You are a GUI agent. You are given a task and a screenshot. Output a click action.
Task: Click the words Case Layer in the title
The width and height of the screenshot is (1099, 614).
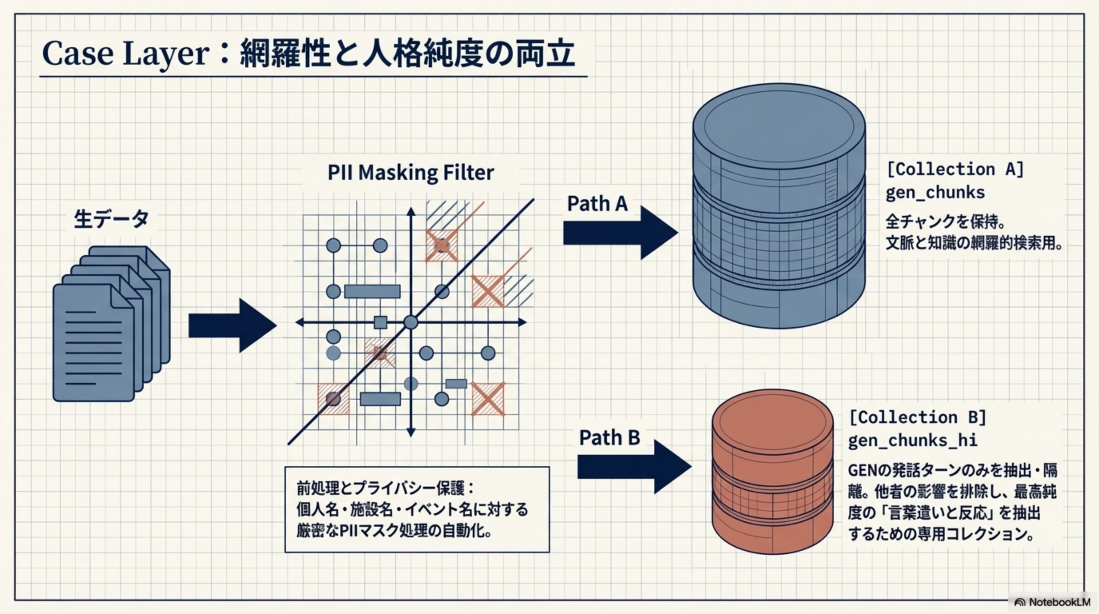126,54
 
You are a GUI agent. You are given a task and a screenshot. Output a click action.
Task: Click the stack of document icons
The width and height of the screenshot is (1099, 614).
111,325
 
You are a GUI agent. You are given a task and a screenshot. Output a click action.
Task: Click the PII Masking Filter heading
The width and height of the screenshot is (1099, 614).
411,173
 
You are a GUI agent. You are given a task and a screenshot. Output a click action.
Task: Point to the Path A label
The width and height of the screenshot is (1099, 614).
597,204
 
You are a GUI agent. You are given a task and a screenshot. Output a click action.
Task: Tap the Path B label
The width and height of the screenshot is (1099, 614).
609,438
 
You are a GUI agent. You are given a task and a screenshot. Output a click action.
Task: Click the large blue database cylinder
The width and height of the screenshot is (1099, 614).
779,205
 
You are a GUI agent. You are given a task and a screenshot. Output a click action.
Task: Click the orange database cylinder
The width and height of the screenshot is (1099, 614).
772,472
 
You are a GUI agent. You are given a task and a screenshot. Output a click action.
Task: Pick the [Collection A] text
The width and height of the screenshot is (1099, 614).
955,169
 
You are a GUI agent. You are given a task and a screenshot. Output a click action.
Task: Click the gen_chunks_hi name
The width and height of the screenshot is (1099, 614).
912,440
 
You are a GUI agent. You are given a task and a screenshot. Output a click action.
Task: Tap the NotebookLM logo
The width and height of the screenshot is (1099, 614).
1052,602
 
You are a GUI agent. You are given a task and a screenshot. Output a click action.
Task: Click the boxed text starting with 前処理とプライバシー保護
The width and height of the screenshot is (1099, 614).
417,509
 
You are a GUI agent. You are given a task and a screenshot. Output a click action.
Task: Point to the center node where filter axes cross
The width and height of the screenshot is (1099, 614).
411,322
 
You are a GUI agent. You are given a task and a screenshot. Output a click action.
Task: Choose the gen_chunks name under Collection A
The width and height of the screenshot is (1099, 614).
935,193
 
